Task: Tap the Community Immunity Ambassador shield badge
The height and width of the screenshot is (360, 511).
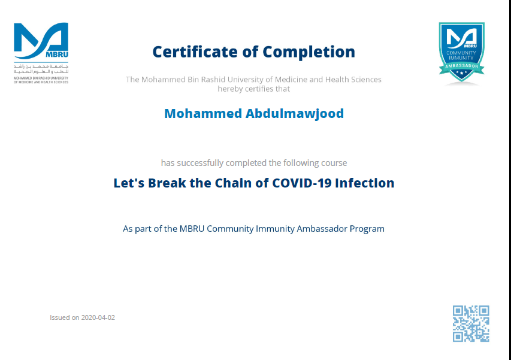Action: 461,52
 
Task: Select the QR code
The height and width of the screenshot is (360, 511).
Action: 471,323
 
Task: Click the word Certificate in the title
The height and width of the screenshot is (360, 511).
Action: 195,52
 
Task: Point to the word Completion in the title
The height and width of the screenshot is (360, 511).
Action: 309,52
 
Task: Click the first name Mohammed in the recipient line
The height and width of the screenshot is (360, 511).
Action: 203,113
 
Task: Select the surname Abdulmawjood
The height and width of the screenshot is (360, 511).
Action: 295,114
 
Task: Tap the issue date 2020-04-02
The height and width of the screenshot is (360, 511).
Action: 98,317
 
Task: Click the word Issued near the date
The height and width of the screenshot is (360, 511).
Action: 60,317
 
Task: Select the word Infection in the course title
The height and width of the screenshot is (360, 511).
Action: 365,183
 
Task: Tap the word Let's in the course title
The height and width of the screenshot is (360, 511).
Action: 129,183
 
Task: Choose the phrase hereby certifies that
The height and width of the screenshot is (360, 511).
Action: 253,89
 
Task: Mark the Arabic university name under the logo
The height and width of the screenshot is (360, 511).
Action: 41,69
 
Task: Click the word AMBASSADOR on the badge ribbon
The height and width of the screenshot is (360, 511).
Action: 461,66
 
